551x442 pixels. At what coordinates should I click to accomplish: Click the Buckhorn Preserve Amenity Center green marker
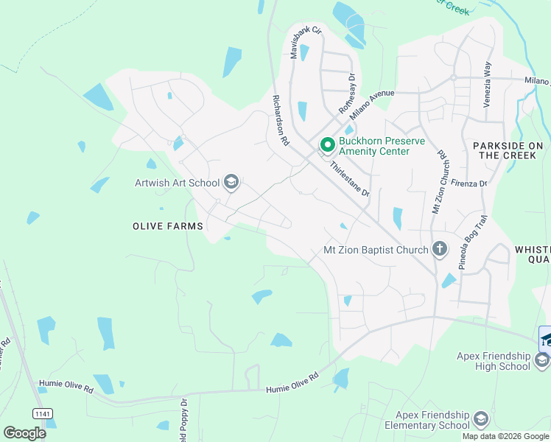tap(327, 142)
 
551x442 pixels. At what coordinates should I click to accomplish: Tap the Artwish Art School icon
tap(231, 183)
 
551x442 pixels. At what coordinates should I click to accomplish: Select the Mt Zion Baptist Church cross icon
tap(439, 249)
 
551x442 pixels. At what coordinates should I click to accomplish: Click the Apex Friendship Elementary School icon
tap(480, 419)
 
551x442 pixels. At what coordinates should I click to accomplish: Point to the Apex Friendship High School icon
tap(542, 359)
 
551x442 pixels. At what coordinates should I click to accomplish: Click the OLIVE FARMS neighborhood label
tap(169, 226)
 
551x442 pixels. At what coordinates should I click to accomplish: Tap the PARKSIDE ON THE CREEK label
tap(508, 150)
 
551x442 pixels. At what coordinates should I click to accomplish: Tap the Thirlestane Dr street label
tap(349, 179)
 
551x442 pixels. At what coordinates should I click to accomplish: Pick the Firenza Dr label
tap(469, 183)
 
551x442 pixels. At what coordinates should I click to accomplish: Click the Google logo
tap(24, 432)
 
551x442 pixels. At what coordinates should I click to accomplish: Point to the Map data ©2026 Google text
tap(505, 436)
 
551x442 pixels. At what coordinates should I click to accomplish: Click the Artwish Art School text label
tap(177, 183)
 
